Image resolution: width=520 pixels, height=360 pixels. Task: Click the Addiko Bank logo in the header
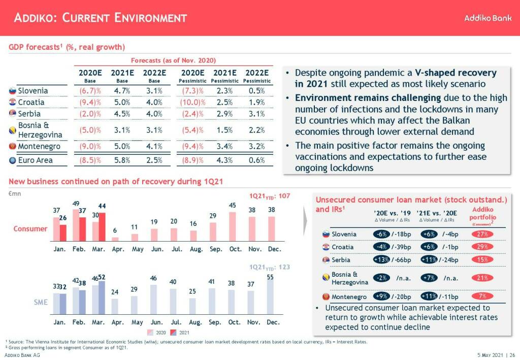point(487,18)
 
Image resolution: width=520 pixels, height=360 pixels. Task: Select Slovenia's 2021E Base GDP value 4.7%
point(122,91)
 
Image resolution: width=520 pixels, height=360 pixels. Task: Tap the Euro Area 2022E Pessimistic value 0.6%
point(256,160)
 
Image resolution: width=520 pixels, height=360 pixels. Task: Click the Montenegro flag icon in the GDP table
point(13,147)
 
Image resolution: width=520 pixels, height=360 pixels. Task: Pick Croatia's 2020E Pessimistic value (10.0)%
point(193,103)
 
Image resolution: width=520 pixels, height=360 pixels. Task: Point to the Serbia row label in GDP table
point(29,114)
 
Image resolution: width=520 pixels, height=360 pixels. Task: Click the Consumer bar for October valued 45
point(233,226)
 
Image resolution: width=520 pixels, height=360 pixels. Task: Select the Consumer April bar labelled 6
point(115,238)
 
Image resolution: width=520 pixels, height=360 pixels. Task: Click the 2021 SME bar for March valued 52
point(102,298)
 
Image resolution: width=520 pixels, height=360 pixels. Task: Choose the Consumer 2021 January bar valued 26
point(63,232)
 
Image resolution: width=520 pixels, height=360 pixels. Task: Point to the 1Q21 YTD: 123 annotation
point(269,267)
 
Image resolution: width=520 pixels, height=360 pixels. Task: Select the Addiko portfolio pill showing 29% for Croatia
point(482,247)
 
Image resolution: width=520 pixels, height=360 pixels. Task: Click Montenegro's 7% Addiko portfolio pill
point(482,297)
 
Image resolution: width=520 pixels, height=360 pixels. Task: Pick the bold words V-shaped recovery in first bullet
point(456,73)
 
